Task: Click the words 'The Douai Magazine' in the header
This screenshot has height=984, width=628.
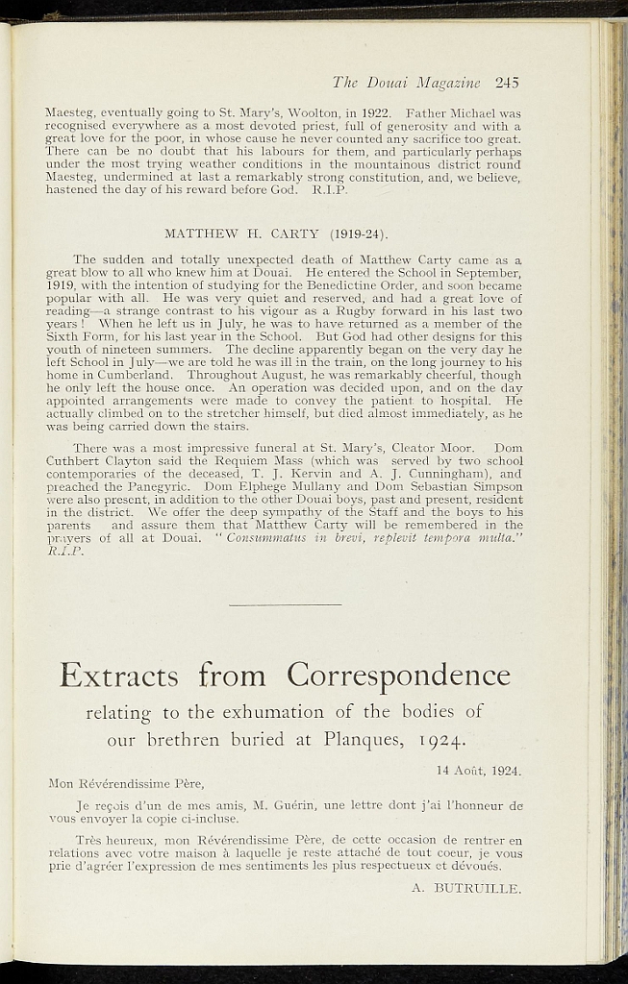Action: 412,82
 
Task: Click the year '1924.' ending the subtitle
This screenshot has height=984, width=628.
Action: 440,742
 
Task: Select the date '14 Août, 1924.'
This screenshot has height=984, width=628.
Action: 479,771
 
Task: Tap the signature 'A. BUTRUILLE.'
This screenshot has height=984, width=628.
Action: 465,889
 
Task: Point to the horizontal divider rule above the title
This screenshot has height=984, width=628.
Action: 287,604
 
